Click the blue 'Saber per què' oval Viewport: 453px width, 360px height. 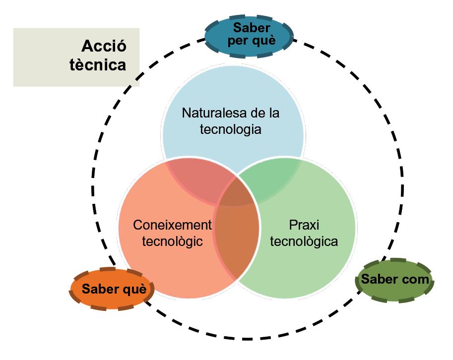coord(249,34)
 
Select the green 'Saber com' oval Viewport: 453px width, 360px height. coord(394,279)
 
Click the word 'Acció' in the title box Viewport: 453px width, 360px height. coord(104,47)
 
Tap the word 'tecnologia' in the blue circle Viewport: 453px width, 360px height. coord(231,129)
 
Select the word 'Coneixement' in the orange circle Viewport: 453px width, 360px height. coord(172,225)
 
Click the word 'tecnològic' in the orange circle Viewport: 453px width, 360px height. coord(172,241)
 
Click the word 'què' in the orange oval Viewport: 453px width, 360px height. coord(135,289)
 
